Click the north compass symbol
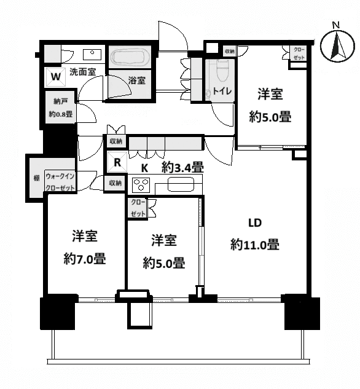pyautogui.click(x=335, y=45)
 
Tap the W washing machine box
pyautogui.click(x=55, y=76)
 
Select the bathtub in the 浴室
pyautogui.click(x=130, y=57)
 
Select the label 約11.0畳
pyautogui.click(x=255, y=245)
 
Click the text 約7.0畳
pyautogui.click(x=85, y=259)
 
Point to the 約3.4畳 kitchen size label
pyautogui.click(x=183, y=167)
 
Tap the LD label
pyautogui.click(x=255, y=222)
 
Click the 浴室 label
pyautogui.click(x=136, y=80)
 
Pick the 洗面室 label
pyautogui.click(x=82, y=71)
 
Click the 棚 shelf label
pyautogui.click(x=36, y=179)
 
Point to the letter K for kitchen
pyautogui.click(x=145, y=167)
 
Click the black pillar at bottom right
pyautogui.click(x=302, y=313)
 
